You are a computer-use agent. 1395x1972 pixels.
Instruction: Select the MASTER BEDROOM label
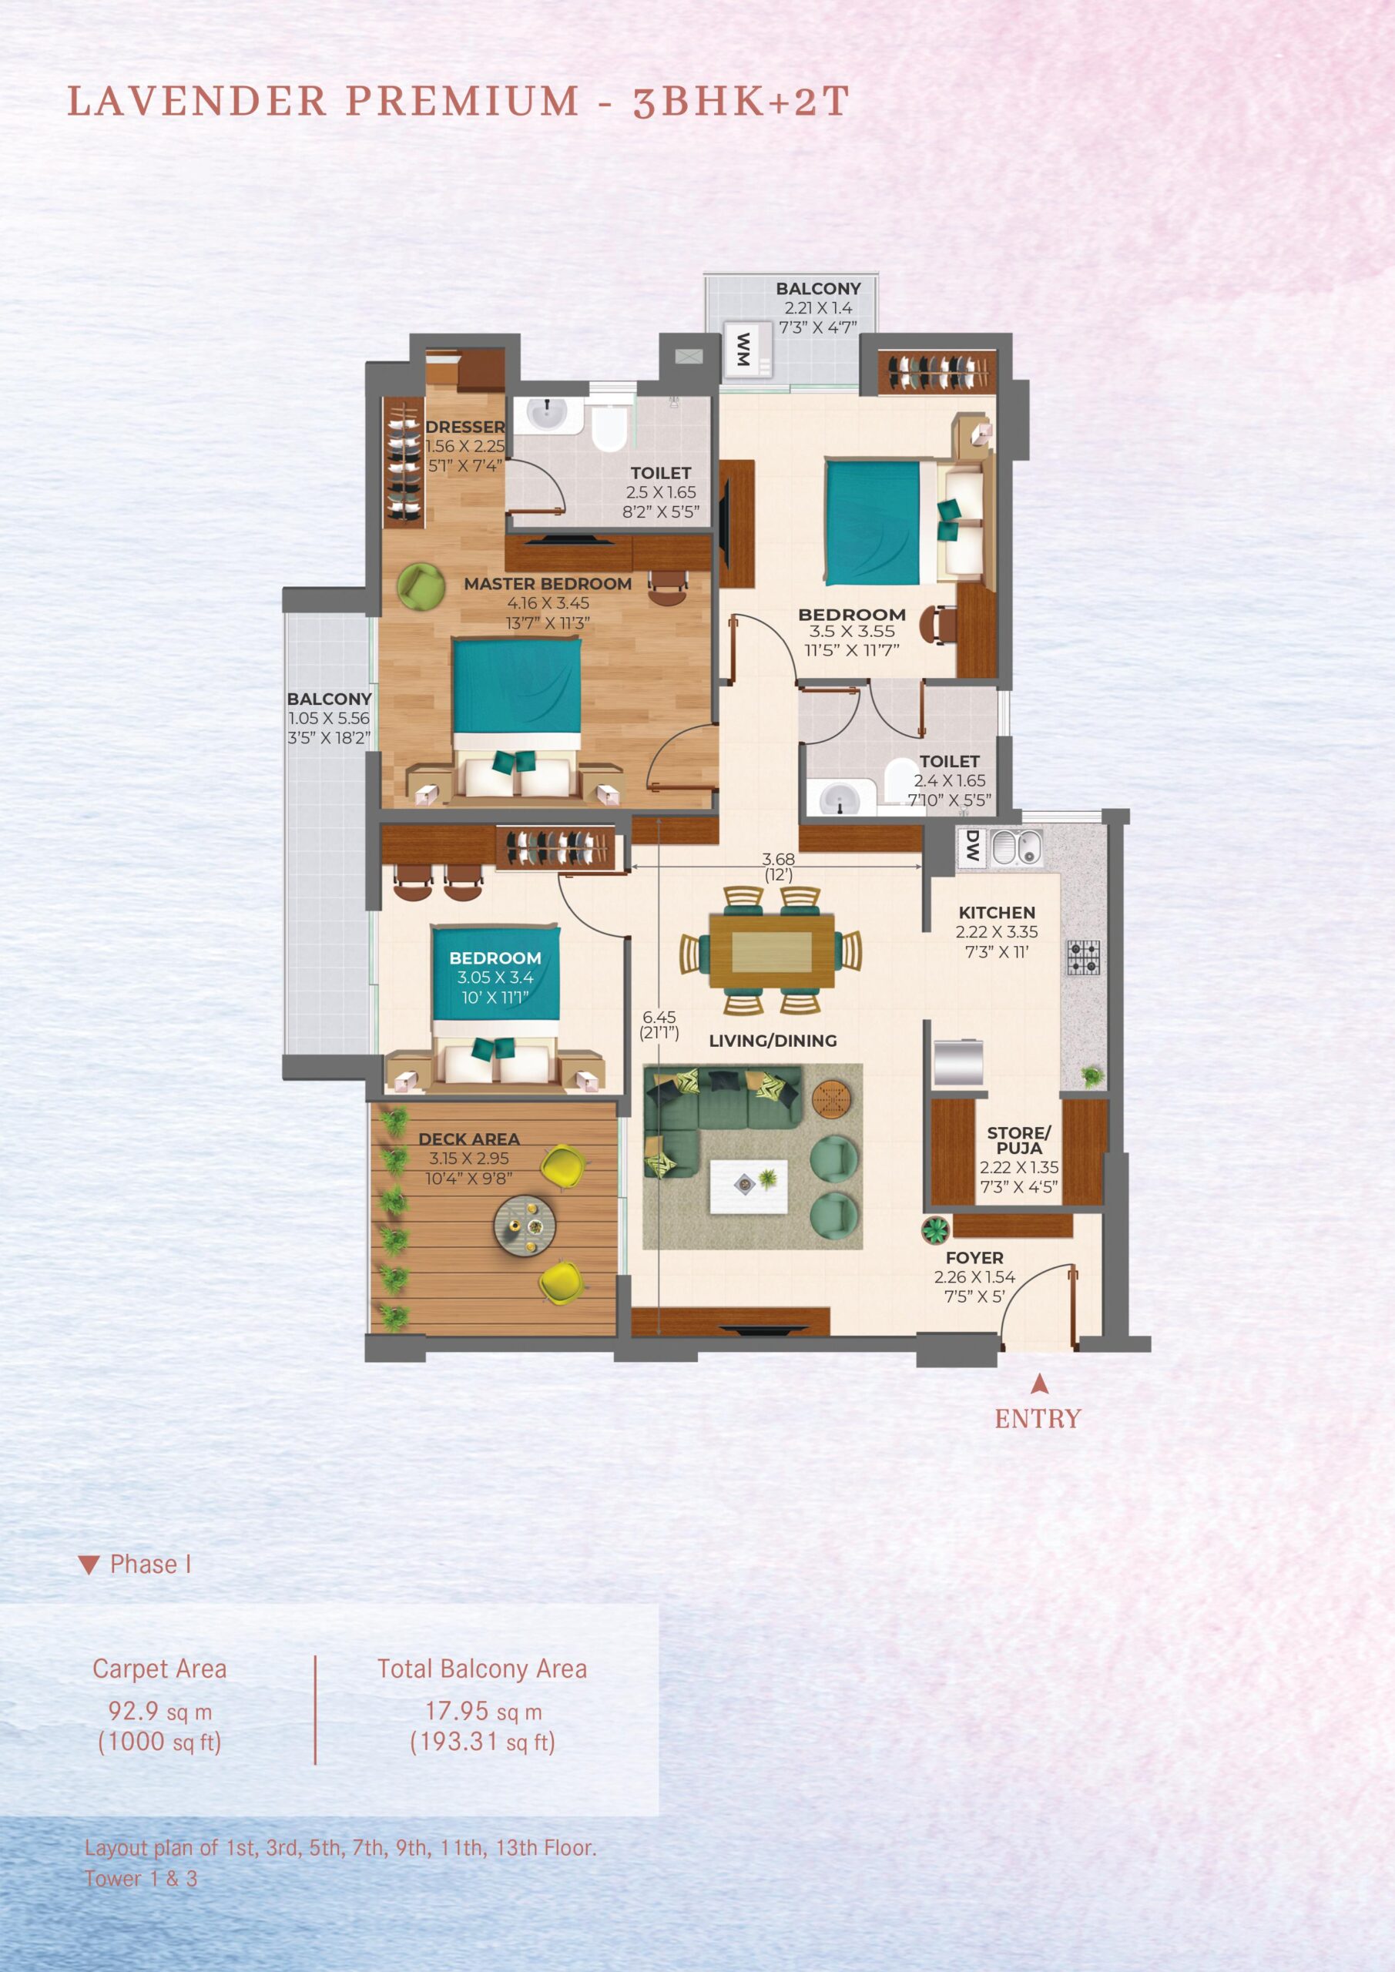547,584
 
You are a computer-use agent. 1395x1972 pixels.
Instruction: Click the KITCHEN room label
997,912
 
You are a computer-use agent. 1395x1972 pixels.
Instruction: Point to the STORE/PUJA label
1019,1140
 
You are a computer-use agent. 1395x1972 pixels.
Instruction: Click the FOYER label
974,1257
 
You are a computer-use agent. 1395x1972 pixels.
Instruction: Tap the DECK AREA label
468,1139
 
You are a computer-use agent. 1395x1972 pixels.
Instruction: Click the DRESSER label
464,427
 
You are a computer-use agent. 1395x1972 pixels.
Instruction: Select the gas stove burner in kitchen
1083,957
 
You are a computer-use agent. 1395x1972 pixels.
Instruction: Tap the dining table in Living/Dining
771,951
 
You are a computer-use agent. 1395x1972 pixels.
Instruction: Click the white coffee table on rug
748,1186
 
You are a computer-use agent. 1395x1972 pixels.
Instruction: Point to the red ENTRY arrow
1039,1383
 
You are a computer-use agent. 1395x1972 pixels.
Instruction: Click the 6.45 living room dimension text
659,1017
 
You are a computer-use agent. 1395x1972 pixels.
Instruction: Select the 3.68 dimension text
778,859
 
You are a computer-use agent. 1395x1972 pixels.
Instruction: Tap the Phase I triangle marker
89,1565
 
